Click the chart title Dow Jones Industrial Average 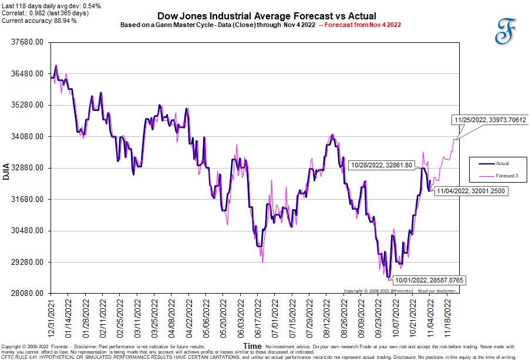pyautogui.click(x=267, y=16)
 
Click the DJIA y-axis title pyautogui.click(x=6, y=169)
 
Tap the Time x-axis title pyautogui.click(x=252, y=346)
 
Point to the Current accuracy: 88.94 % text pyautogui.click(x=39, y=21)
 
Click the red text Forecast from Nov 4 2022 pyautogui.click(x=362, y=25)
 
